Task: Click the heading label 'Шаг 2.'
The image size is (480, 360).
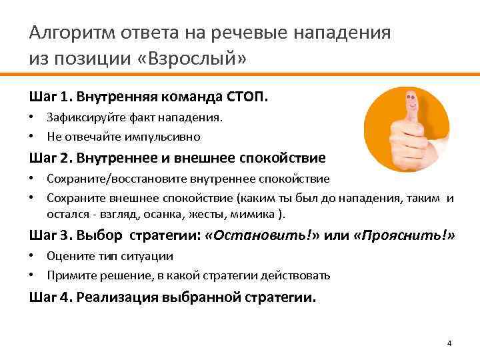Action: pyautogui.click(x=51, y=158)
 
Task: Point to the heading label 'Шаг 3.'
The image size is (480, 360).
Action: pyautogui.click(x=51, y=235)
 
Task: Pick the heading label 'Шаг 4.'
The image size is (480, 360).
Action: pyautogui.click(x=51, y=297)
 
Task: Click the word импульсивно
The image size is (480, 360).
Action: pyautogui.click(x=167, y=137)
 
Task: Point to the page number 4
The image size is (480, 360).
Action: pyautogui.click(x=449, y=343)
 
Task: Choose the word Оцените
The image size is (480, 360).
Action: pyautogui.click(x=66, y=256)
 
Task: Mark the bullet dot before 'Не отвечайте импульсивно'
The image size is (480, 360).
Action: pyautogui.click(x=33, y=137)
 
